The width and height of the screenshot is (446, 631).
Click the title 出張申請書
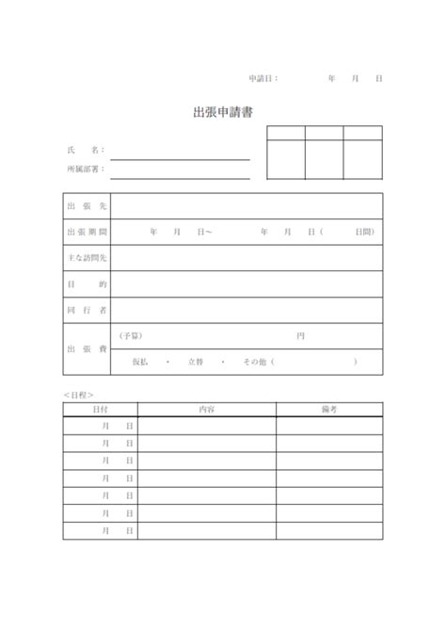222,113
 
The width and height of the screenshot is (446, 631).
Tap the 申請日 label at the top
263,78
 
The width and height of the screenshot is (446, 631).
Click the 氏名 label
85,150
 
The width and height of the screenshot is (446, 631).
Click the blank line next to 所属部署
181,175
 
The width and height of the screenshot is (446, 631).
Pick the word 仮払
140,362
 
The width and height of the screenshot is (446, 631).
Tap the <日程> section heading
79,395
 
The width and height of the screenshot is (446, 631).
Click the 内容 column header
207,410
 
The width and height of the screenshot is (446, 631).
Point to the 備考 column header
329,410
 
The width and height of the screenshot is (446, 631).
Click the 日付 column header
101,410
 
